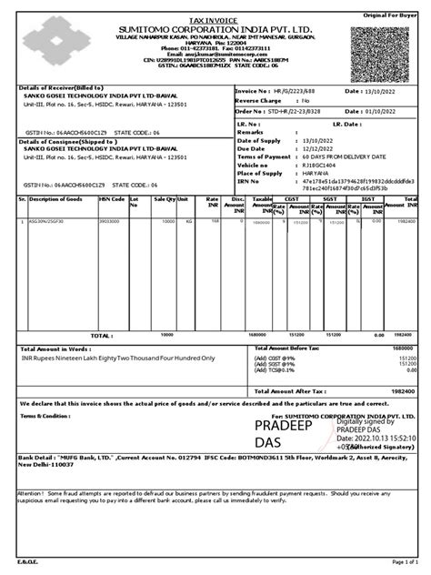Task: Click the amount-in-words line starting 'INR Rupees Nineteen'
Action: tap(118, 358)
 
